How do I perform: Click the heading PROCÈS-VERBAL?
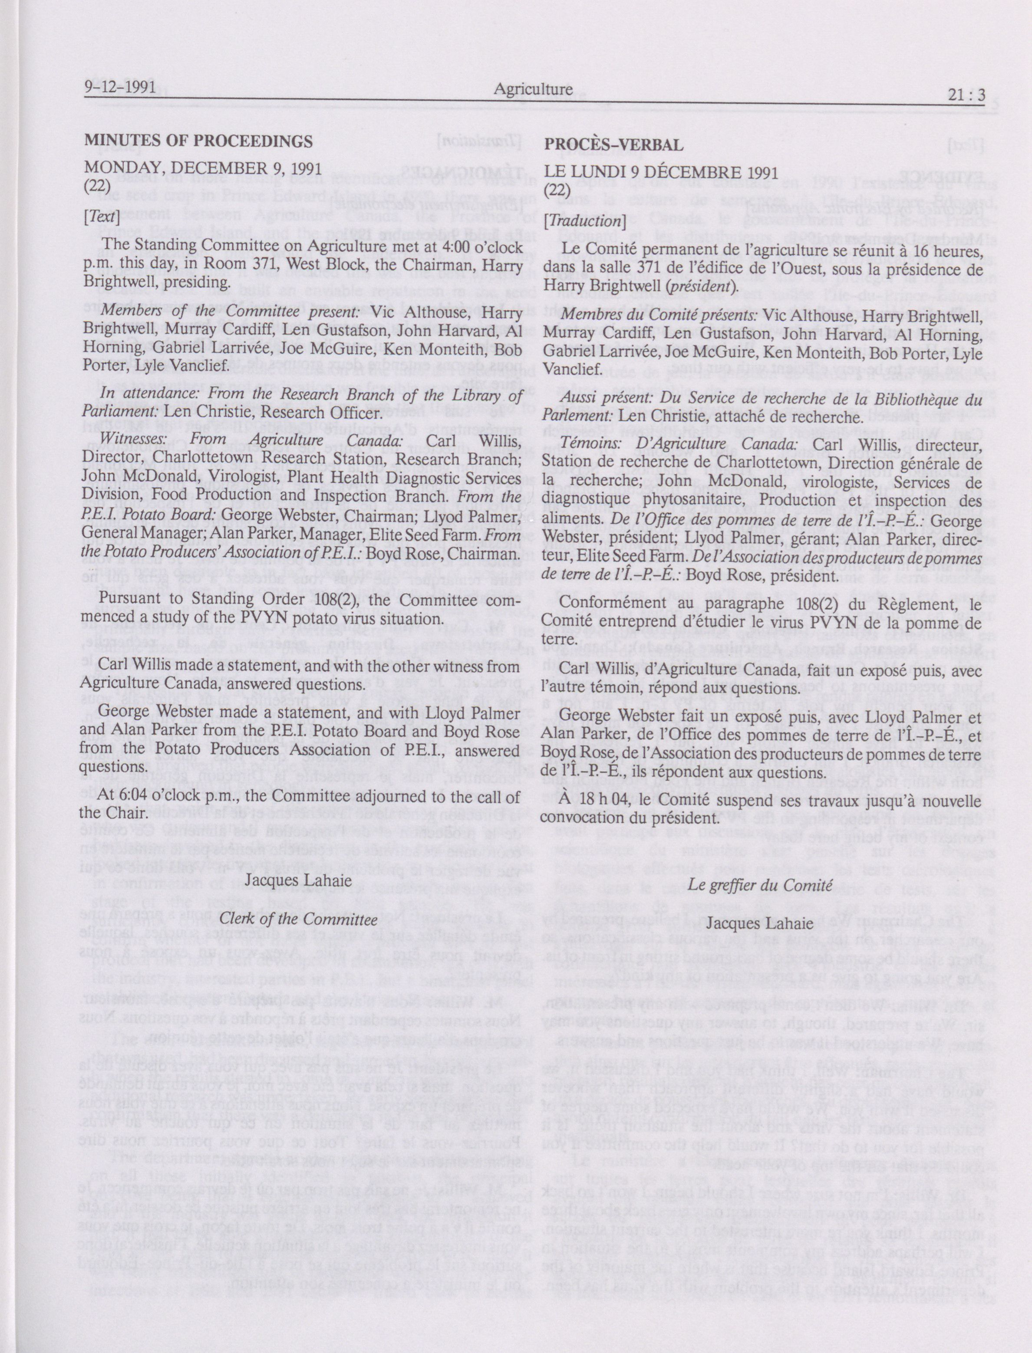pyautogui.click(x=613, y=145)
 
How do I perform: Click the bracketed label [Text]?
pyautogui.click(x=98, y=216)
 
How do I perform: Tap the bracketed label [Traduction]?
pyautogui.click(x=584, y=221)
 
